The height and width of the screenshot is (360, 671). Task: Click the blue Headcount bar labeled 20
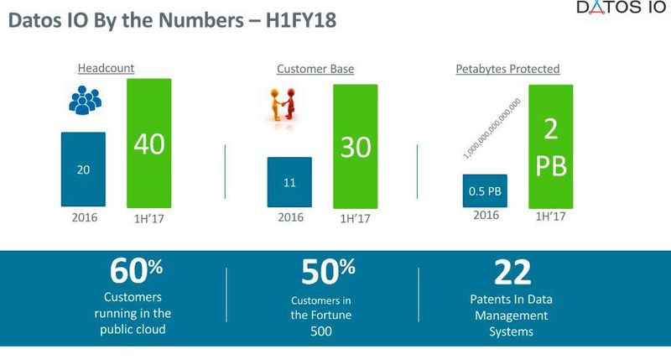pos(83,170)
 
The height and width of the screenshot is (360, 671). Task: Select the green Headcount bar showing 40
pos(148,143)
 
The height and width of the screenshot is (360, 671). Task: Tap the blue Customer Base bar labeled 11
pos(289,181)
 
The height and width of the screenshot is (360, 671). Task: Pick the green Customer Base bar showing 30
pos(355,146)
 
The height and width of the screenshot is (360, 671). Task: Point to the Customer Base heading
pos(315,69)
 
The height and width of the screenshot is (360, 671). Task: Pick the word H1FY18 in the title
pos(290,20)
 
